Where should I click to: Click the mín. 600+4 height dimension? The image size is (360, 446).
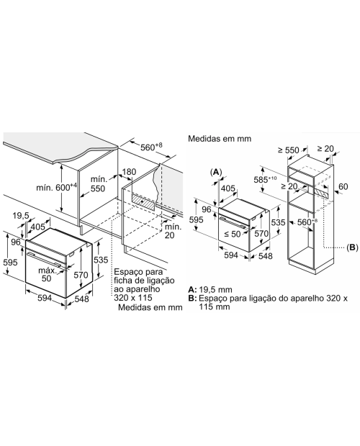(x=57, y=187)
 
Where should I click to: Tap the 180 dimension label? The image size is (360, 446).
(x=129, y=172)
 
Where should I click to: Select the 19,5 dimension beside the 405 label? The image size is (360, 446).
(x=21, y=216)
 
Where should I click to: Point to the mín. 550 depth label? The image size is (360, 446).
(x=98, y=183)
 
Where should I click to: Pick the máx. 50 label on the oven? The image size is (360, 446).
(x=48, y=274)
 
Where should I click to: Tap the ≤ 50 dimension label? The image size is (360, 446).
(x=233, y=234)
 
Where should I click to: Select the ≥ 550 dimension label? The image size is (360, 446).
(x=288, y=150)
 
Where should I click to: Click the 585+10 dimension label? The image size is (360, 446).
(x=265, y=180)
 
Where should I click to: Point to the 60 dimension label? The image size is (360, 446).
(x=343, y=186)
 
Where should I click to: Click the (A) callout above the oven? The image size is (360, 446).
(x=216, y=172)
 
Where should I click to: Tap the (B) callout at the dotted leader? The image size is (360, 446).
(x=352, y=247)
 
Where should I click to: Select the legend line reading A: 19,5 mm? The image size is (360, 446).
(x=210, y=290)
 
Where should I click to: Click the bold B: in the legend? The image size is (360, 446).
(x=193, y=299)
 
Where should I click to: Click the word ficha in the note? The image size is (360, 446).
(x=122, y=281)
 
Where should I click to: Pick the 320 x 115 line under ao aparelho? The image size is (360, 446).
(x=133, y=298)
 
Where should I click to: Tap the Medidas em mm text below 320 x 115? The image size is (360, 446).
(x=150, y=307)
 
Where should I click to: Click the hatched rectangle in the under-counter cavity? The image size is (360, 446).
(x=143, y=201)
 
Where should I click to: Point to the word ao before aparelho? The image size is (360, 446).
(x=118, y=289)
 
